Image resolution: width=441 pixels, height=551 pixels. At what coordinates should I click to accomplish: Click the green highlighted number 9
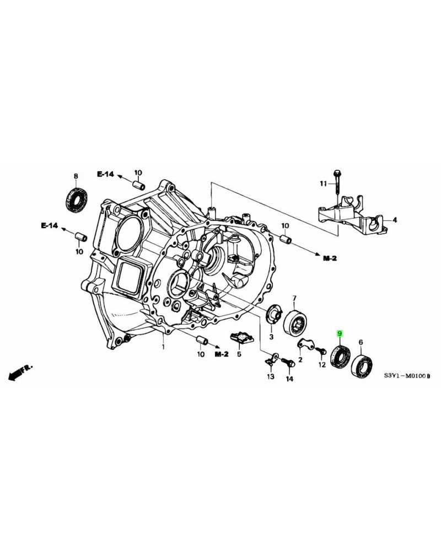tap(340, 334)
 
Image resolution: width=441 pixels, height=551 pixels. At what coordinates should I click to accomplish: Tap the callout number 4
tap(394, 220)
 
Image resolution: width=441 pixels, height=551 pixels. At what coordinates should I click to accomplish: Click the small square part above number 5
tap(239, 336)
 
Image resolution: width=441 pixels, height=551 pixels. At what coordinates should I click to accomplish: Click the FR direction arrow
tap(21, 371)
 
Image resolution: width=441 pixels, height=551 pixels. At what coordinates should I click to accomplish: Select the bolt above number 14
tap(287, 363)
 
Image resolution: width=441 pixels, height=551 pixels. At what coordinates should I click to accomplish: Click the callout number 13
tap(271, 377)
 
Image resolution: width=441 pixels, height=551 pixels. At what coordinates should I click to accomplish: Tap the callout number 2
tap(300, 360)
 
